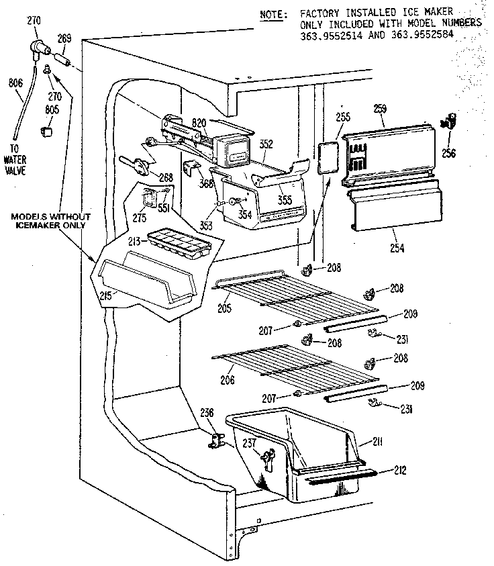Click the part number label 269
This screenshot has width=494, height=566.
(x=64, y=39)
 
